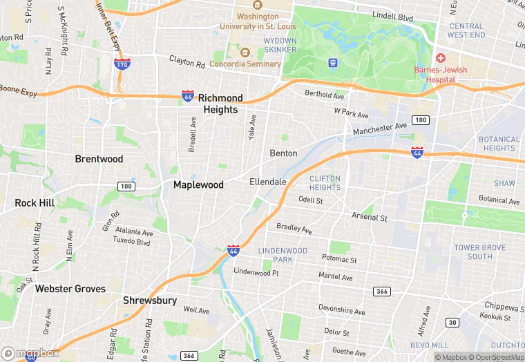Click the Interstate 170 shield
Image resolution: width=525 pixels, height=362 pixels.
[122, 64]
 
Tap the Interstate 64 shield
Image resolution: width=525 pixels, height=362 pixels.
[188, 97]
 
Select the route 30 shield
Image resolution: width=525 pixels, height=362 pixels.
[452, 323]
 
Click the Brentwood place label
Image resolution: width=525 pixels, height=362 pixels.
[99, 159]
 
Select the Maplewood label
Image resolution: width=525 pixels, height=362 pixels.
[198, 185]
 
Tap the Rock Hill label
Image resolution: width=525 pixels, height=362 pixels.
[35, 203]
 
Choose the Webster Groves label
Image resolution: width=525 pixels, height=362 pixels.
[70, 289]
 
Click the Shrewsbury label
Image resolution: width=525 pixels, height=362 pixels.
[150, 301]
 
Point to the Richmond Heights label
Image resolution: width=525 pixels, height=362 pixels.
[221, 104]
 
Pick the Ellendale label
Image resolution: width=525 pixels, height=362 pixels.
[268, 182]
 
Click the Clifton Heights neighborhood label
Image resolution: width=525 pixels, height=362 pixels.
[325, 183]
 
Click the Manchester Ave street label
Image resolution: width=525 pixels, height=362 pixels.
[379, 128]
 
